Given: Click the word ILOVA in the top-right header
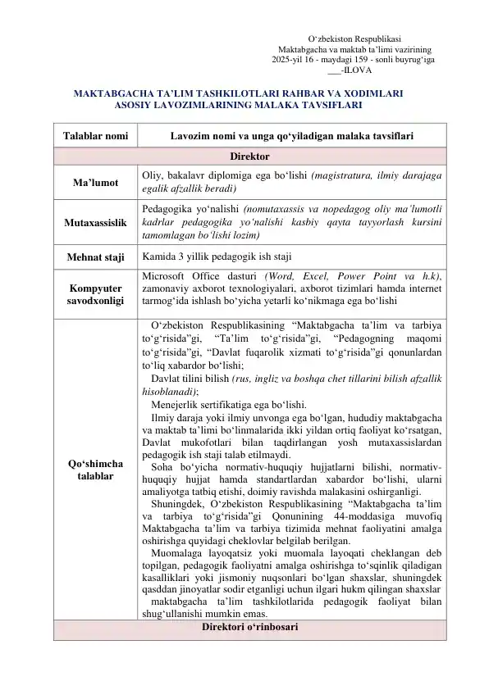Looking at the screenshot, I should [365, 70].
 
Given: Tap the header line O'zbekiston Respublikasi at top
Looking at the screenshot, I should [354, 39].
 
